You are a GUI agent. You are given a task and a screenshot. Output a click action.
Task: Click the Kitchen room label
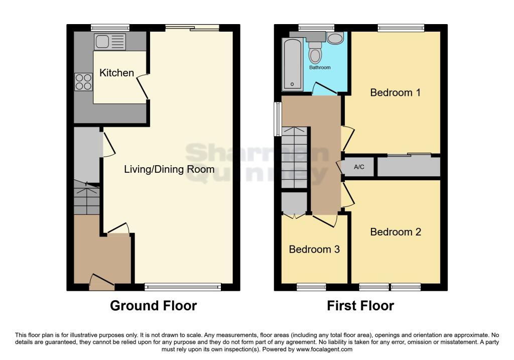point(116,73)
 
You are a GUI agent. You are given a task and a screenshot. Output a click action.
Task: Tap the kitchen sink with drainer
point(110,42)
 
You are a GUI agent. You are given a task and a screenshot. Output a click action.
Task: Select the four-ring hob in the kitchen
point(84,82)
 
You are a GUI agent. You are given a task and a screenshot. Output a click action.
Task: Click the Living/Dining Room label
point(169,169)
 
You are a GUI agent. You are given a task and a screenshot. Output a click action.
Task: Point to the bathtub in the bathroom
point(292,64)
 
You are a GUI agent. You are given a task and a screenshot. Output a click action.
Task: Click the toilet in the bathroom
point(315,53)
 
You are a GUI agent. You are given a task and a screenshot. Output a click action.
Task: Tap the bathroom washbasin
point(335,38)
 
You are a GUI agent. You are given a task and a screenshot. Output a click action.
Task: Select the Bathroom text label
point(320,68)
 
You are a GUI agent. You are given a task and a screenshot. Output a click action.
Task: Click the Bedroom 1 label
point(396,92)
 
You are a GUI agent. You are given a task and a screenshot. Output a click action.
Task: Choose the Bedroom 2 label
point(396,232)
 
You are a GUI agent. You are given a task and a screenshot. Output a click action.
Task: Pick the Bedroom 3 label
point(314,249)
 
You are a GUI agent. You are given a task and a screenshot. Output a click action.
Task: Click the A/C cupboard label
point(359,167)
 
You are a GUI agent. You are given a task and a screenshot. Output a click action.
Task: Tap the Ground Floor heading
point(154,306)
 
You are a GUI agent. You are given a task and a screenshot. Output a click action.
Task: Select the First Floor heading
point(360,306)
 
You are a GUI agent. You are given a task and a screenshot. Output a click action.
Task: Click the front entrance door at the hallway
point(101,282)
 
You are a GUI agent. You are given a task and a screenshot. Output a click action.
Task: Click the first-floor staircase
point(295,157)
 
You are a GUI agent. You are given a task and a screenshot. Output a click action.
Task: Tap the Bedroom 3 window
point(311,288)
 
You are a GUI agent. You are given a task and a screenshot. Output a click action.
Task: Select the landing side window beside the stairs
point(278,119)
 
